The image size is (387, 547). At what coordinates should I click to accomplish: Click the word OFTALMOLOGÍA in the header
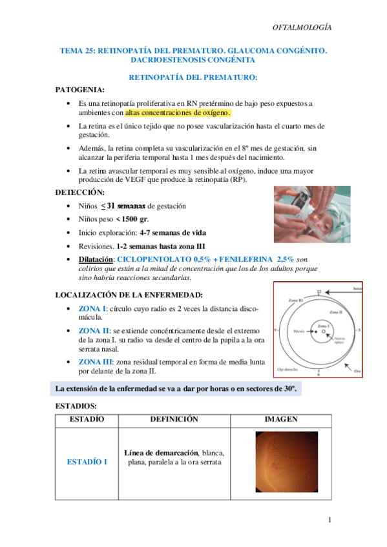click(x=302, y=27)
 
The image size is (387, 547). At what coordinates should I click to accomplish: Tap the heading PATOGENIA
click(x=79, y=90)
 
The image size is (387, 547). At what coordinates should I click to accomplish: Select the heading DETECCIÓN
click(x=80, y=192)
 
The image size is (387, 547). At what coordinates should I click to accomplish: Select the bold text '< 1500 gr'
click(x=133, y=219)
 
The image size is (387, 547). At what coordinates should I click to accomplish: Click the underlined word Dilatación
click(x=97, y=259)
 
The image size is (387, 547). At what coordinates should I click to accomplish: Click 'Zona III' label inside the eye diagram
click(x=297, y=302)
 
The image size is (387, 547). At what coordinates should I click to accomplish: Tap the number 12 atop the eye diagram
click(x=318, y=292)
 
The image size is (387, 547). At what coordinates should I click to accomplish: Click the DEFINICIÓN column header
click(x=174, y=419)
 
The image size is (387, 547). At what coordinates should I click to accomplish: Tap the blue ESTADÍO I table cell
click(x=87, y=462)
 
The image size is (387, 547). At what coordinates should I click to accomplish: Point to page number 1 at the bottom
click(x=329, y=521)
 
